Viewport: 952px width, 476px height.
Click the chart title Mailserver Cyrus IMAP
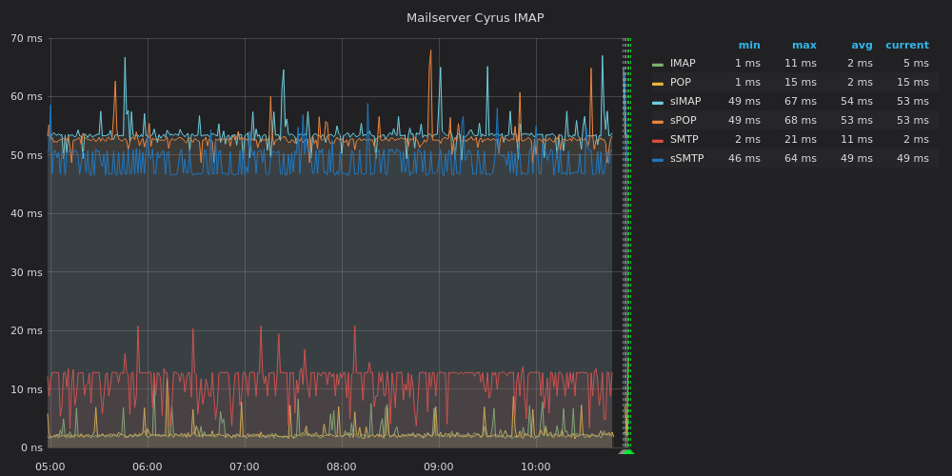coord(475,18)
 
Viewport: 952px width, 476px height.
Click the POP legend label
coord(681,82)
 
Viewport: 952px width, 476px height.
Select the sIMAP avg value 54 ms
coord(857,102)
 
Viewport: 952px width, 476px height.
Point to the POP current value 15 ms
coord(913,82)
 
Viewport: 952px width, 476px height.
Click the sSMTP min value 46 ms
coord(744,158)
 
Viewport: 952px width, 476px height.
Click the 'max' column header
coord(804,46)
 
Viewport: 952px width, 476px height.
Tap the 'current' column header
coord(907,46)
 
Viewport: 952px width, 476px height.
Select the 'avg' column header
coord(863,46)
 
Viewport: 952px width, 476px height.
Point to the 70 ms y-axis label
coord(27,39)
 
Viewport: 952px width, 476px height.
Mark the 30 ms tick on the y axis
coord(27,272)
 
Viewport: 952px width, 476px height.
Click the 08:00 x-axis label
coord(341,466)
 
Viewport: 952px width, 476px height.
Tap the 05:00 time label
coord(50,466)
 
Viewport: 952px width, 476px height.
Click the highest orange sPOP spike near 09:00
coord(430,50)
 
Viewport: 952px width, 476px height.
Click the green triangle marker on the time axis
coord(626,451)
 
